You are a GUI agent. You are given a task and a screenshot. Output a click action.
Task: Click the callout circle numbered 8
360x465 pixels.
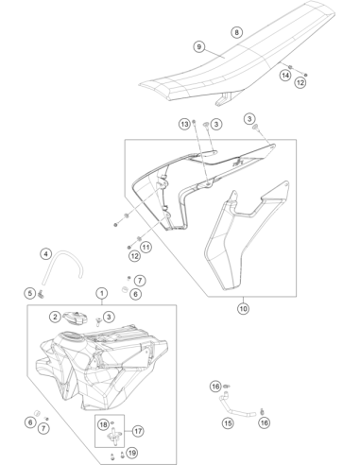pos(236,32)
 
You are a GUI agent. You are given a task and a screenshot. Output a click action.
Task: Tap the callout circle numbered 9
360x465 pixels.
pos(198,47)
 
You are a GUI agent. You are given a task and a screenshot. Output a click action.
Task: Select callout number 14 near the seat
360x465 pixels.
pos(285,76)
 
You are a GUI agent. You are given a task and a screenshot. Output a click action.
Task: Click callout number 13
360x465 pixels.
pos(185,124)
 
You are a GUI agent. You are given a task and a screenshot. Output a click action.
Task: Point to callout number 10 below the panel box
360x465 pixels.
pos(243,308)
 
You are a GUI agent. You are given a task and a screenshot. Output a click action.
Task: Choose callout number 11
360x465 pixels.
pos(146,247)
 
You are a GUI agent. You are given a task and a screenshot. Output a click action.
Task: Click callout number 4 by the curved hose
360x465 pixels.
pos(46,254)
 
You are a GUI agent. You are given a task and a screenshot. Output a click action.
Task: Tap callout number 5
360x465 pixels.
pos(30,294)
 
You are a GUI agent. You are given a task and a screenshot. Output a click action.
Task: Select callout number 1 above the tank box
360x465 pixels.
pos(102,294)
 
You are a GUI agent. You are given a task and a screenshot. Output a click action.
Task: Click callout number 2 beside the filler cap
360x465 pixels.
pos(55,317)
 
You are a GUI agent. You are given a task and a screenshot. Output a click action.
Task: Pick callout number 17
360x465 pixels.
pos(138,431)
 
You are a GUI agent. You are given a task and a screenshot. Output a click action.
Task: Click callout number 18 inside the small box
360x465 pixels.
pos(103,425)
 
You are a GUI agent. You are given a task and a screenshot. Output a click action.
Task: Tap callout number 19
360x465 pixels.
pos(132,453)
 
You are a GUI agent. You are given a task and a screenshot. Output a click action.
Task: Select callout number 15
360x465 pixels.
pos(228,422)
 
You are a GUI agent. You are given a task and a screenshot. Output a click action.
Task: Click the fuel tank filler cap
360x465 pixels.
pos(74,319)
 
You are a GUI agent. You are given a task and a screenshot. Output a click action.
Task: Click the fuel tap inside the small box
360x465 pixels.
pos(114,436)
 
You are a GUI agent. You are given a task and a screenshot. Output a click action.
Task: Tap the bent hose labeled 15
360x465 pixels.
pos(238,409)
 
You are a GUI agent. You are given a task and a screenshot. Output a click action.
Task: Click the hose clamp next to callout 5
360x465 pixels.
pos(41,295)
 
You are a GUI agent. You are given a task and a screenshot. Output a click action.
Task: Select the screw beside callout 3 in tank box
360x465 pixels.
pos(97,320)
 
